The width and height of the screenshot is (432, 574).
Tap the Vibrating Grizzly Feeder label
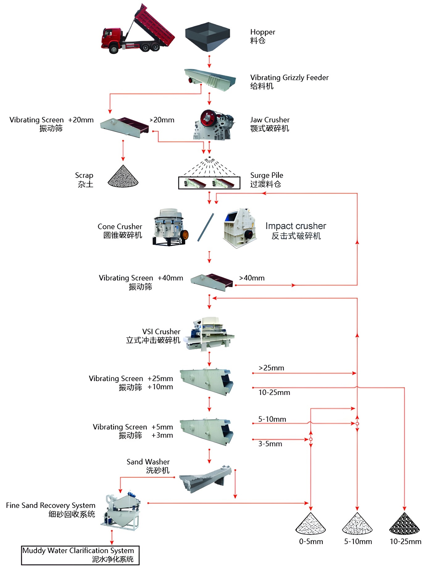pos(289,77)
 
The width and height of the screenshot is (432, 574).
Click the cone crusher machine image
pos(169,227)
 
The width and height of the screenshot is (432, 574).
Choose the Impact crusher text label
pos(296,226)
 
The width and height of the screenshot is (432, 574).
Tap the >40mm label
pos(252,278)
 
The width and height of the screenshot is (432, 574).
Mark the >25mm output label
pos(271,368)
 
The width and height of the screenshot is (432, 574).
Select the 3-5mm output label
pos(270,444)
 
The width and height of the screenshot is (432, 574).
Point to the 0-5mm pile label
pos(311,542)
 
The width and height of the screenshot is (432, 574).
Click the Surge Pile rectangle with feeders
pos(209,183)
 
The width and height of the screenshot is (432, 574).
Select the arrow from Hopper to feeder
pos(209,62)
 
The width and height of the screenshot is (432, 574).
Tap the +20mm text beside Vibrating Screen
pos(81,120)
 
